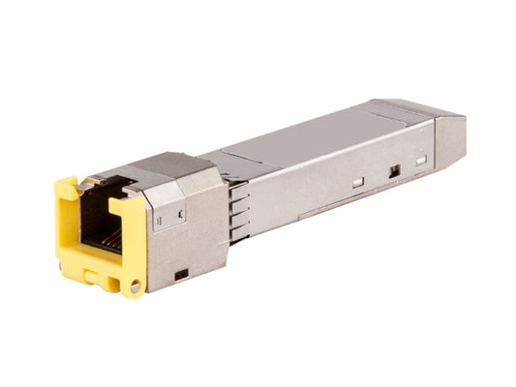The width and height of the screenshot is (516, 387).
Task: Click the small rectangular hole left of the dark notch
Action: pyautogui.click(x=357, y=181)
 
